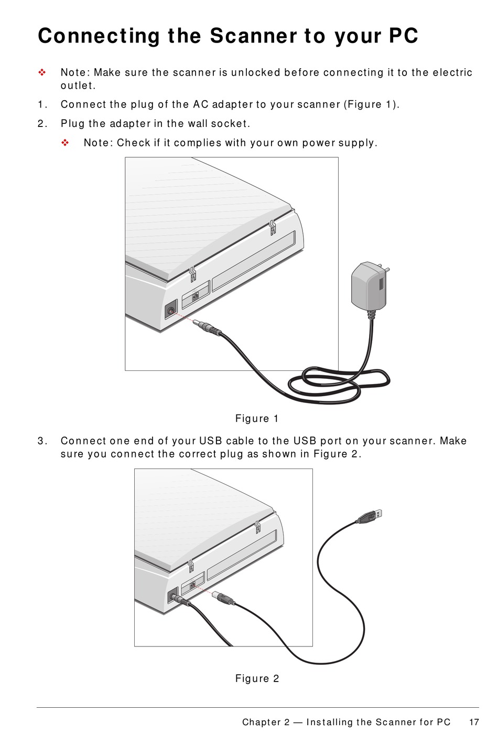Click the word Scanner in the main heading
click(253, 36)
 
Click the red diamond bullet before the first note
click(42, 72)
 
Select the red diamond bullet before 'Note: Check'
click(65, 143)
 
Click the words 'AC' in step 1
click(201, 104)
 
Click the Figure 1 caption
click(257, 418)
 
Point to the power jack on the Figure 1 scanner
click(171, 310)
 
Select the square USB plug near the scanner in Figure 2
click(223, 598)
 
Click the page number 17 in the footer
click(474, 722)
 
